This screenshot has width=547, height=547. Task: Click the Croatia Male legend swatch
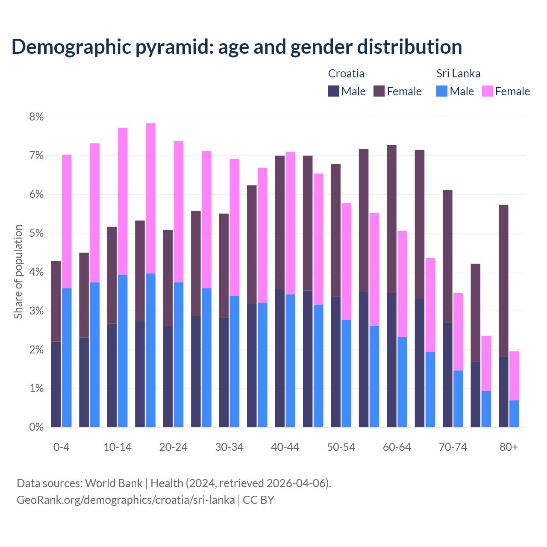(333, 91)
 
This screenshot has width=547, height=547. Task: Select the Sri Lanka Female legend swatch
(487, 91)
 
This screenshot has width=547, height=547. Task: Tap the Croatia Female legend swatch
(379, 91)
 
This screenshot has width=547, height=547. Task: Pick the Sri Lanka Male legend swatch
(442, 91)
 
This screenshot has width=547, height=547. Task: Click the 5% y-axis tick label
(36, 233)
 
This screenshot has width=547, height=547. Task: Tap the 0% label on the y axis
(36, 427)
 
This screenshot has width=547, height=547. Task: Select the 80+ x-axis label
(509, 447)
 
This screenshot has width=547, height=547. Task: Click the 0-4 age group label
(61, 447)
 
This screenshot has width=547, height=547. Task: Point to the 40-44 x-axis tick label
(285, 447)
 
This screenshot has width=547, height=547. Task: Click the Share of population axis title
(18, 272)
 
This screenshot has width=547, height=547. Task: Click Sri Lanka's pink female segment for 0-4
(67, 221)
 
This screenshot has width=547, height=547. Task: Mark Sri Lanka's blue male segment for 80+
(514, 414)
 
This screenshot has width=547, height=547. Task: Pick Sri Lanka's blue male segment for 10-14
(123, 351)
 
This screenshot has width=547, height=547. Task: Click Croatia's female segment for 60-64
(391, 219)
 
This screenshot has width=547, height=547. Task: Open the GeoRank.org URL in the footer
(126, 500)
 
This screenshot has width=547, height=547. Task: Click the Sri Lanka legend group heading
(458, 74)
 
